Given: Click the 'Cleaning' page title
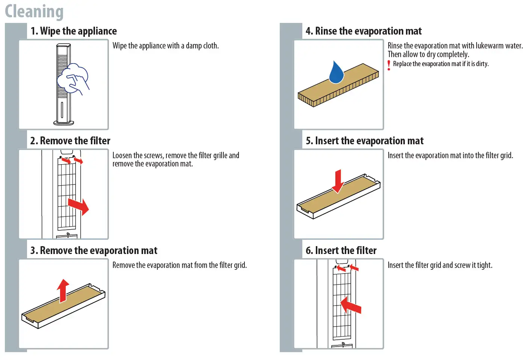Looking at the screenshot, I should click(x=34, y=11).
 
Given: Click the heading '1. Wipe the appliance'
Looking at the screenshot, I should click(x=74, y=31).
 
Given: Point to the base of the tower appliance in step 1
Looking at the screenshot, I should click(x=63, y=122).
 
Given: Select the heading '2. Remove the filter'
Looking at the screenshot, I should click(x=70, y=141).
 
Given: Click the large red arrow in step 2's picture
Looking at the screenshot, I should click(x=79, y=206).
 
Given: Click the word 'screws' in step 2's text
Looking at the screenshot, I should click(x=154, y=156).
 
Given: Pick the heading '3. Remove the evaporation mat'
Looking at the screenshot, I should click(x=94, y=250).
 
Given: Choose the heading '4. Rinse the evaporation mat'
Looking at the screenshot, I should click(x=364, y=31).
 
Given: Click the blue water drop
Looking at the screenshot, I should click(x=336, y=73).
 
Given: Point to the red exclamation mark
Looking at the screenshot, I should click(x=389, y=65).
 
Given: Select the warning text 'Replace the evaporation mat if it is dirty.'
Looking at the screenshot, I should click(x=440, y=64).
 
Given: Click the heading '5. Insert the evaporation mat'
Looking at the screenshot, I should click(x=364, y=141).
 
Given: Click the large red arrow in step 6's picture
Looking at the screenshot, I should click(x=351, y=305).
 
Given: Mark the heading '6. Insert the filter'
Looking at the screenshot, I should click(x=341, y=250).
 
